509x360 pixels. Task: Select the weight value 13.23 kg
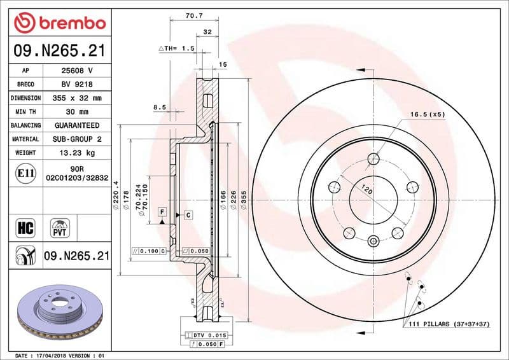click(77, 153)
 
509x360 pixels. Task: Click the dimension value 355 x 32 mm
click(77, 98)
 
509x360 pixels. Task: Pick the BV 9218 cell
click(77, 84)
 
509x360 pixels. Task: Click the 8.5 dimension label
click(159, 107)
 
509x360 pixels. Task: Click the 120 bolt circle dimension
click(366, 190)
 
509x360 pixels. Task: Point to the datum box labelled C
click(188, 215)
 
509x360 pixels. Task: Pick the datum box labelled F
click(162, 211)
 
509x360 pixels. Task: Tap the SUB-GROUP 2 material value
click(77, 139)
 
